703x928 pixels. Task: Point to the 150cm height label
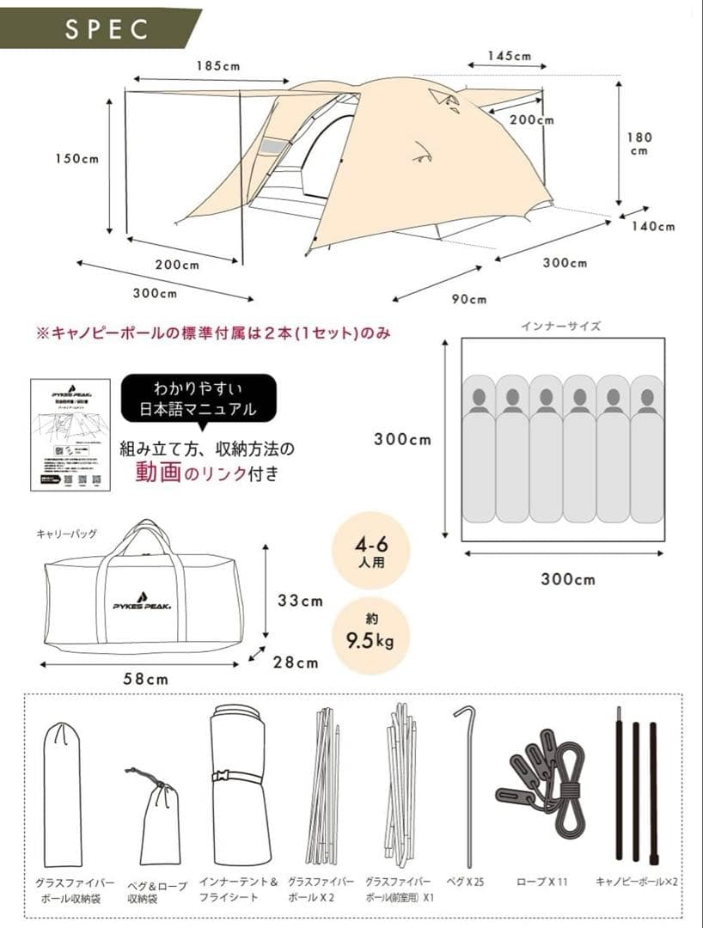point(76,159)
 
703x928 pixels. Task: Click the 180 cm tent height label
point(639,143)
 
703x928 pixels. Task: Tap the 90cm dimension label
point(469,299)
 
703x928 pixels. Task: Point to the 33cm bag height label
point(299,601)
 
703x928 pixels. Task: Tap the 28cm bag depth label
point(295,662)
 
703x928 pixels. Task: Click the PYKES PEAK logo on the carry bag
point(142,605)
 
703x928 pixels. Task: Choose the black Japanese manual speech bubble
point(199,400)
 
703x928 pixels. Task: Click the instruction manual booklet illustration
point(70,435)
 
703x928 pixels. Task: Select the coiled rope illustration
point(542,782)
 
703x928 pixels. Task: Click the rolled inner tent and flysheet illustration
point(240,785)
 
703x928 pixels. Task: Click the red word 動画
point(158,472)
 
